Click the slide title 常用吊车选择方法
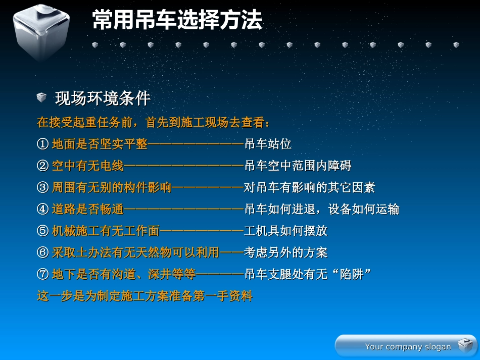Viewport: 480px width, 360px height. click(177, 21)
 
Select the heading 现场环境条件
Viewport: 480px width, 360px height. click(103, 98)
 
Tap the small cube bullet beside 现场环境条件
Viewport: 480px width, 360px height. click(41, 97)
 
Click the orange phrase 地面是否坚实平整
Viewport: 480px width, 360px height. click(100, 144)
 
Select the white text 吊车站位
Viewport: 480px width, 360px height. click(268, 144)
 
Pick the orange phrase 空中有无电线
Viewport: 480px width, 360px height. click(87, 166)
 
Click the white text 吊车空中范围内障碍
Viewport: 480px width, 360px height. click(298, 166)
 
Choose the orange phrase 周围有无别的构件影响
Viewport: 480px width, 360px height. click(112, 188)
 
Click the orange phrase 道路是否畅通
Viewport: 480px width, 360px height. click(87, 209)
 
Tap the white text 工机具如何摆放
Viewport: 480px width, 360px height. click(285, 231)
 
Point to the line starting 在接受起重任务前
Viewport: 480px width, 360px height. click(154, 123)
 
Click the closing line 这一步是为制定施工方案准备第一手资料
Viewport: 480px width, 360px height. click(145, 296)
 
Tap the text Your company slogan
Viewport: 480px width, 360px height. click(408, 346)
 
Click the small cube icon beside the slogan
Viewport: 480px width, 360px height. click(464, 345)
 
